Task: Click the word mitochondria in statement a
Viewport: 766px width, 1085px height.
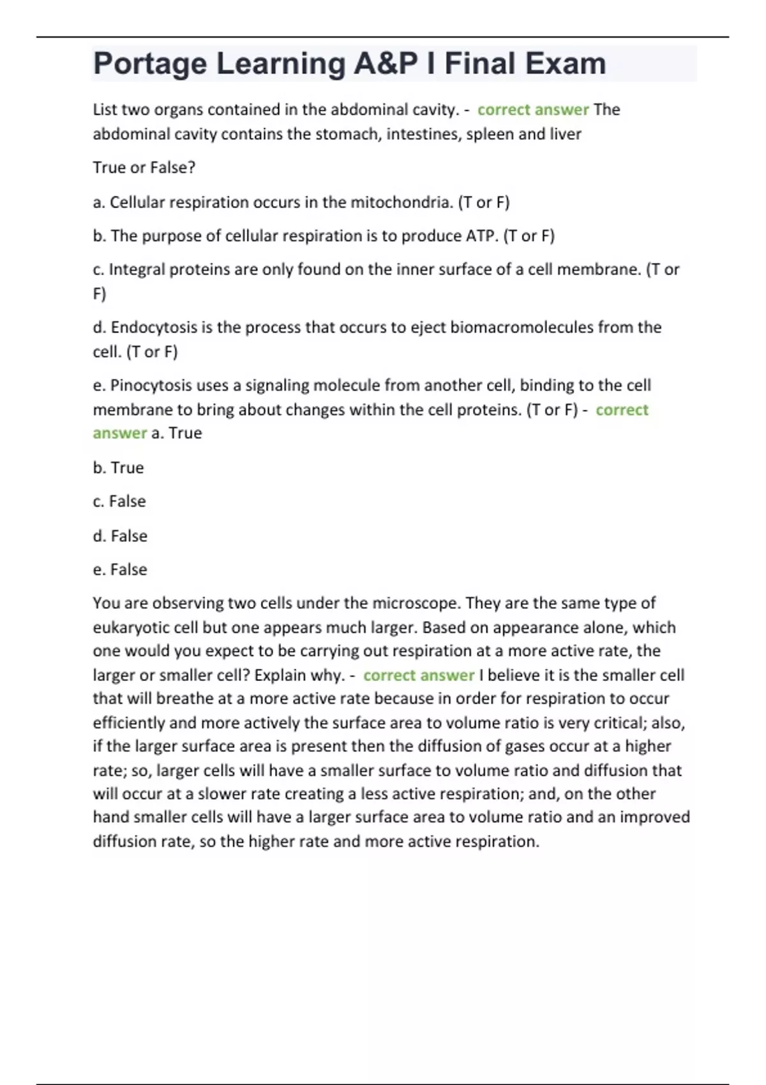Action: point(401,202)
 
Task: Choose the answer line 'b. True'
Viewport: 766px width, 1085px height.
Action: point(118,468)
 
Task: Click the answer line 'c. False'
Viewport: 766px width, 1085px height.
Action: point(119,502)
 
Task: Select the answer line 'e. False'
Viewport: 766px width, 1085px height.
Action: point(120,569)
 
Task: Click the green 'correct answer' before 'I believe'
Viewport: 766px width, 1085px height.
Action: point(419,675)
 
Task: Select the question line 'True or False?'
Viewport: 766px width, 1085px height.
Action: point(144,168)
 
